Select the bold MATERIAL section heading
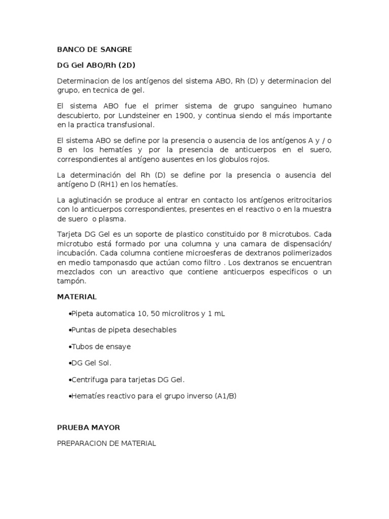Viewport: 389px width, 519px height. [76, 296]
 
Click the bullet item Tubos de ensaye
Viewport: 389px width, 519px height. [99, 347]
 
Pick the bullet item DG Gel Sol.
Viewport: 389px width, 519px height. [90, 363]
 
